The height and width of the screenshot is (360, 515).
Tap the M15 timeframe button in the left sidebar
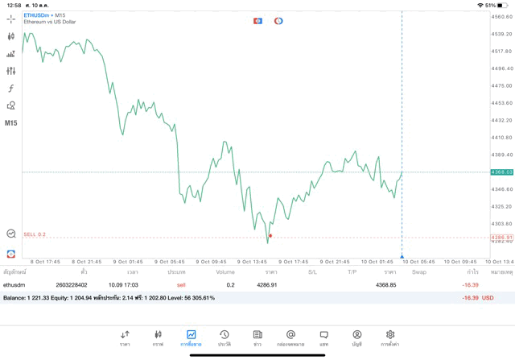click(11, 123)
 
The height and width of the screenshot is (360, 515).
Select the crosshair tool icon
click(11, 19)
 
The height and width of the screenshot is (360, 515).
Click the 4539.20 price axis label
click(502, 34)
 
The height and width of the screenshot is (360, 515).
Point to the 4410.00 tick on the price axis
click(502, 138)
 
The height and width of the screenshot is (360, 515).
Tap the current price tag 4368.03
click(502, 172)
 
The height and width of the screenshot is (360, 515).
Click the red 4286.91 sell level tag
click(502, 238)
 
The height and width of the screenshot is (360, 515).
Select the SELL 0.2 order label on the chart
click(35, 234)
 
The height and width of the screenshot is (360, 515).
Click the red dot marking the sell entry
click(270, 236)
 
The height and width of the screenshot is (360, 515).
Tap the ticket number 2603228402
click(72, 284)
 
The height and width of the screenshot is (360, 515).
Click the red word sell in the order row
click(181, 284)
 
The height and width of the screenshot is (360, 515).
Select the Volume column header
click(225, 272)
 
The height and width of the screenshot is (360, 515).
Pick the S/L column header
click(312, 272)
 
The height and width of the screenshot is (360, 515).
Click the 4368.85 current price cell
click(386, 284)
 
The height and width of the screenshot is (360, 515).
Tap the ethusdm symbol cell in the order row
click(14, 284)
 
